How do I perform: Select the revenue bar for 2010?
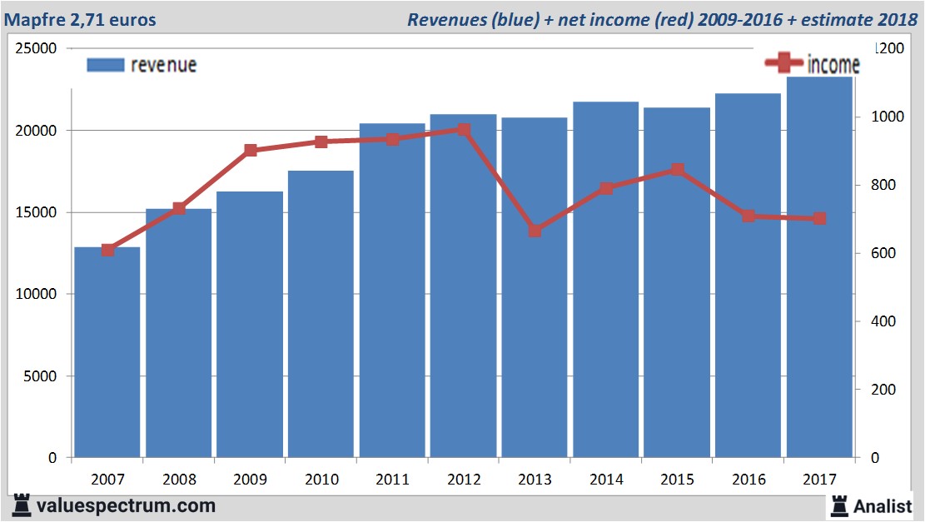321,316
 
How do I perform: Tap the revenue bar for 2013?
535,291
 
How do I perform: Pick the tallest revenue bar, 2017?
819,266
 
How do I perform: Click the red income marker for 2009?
251,151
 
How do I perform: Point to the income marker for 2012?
464,130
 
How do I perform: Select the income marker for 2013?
535,231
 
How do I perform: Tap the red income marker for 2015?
677,170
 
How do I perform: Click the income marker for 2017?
819,218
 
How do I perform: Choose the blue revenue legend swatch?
105,65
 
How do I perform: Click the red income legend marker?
783,63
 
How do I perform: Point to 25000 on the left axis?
37,49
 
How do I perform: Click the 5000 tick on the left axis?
41,376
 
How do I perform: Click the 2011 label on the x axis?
392,480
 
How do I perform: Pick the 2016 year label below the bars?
748,480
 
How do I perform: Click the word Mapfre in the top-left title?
32,18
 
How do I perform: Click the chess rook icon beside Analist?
840,505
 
